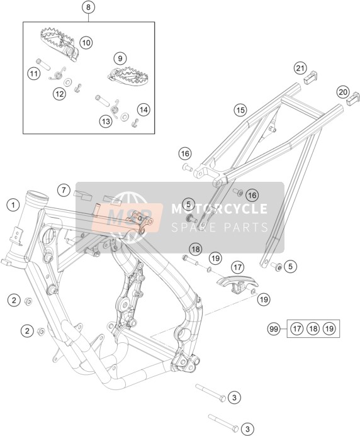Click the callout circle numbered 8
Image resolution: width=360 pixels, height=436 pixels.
pos(88,7)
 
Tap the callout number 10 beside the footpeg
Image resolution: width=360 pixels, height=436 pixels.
pos(86,43)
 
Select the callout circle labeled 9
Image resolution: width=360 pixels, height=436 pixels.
pos(120,59)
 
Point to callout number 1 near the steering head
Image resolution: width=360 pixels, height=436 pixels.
pos(13,206)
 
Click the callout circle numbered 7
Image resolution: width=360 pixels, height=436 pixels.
pos(64,191)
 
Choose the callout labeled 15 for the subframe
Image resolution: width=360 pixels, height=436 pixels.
pos(240,110)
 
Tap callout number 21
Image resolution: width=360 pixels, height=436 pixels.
pos(300,69)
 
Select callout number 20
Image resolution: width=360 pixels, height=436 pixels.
pos(343,92)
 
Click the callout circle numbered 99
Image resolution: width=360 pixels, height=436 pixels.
pos(274,329)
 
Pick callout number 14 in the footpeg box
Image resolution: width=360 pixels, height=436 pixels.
pos(143,110)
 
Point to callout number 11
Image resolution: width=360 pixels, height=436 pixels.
pos(33,74)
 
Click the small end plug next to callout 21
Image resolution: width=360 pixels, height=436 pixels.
pos(310,77)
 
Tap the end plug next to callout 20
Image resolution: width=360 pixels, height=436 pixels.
pos(353,99)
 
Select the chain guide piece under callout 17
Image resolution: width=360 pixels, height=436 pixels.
pos(237,283)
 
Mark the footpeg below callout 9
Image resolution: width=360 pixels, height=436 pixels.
pos(128,75)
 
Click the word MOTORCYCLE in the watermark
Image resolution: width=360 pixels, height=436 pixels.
pos(219,209)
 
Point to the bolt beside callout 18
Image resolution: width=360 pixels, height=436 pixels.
pos(190,260)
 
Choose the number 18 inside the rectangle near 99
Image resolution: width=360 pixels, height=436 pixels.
pos(313,329)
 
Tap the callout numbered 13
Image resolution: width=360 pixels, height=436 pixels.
pos(106,121)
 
